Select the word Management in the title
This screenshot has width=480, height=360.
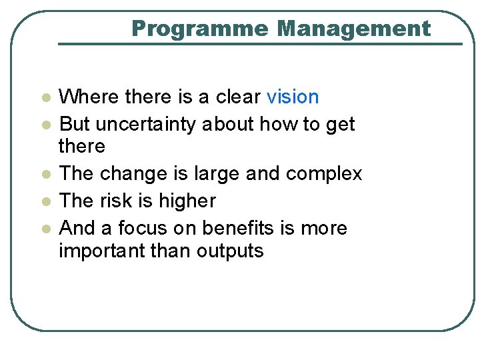[x=354, y=29]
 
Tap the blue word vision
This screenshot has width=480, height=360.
[x=293, y=97]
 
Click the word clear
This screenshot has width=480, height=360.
[x=238, y=97]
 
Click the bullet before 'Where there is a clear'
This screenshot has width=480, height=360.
[x=45, y=98]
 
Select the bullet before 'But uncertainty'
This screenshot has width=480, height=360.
[x=45, y=125]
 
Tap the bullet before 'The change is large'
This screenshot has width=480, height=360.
[x=45, y=175]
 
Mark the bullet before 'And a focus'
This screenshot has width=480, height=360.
[x=45, y=229]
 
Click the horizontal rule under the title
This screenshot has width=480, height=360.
[x=260, y=44]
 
